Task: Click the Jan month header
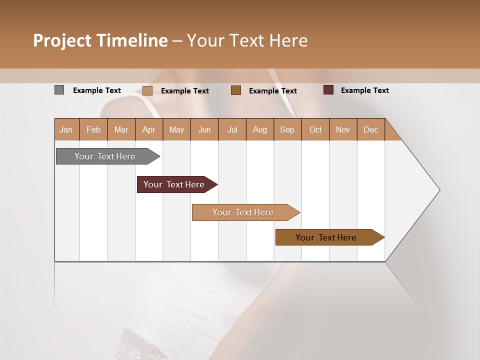66,129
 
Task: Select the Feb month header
93,129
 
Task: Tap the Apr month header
148,129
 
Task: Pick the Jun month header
204,129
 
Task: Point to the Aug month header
259,129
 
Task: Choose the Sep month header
287,129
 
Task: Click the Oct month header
315,129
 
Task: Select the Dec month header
370,129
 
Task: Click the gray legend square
59,90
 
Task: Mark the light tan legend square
147,90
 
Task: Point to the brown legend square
236,90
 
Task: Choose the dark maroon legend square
328,90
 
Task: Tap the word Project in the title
62,40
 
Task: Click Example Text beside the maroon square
364,90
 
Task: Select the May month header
176,129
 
